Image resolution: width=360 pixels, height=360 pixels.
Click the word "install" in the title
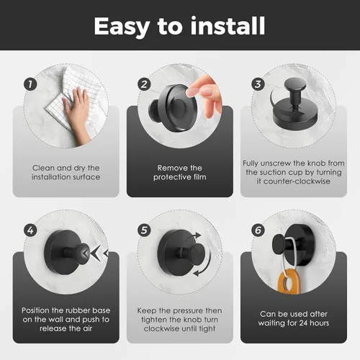coord(228,26)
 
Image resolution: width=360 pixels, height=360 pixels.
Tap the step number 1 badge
coord(30,84)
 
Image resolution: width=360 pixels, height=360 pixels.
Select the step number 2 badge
coord(144,84)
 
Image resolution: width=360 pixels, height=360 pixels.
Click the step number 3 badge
coord(258,84)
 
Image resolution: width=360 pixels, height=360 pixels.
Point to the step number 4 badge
coord(30,230)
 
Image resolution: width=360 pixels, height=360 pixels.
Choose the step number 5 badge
coord(144,230)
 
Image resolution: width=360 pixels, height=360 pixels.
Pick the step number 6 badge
coord(258,230)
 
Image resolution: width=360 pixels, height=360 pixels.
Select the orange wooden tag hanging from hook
coord(289,282)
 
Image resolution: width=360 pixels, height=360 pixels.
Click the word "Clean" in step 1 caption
coord(42,168)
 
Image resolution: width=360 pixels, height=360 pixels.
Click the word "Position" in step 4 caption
coord(35,310)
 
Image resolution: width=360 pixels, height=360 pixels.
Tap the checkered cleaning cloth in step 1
coord(72,96)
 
